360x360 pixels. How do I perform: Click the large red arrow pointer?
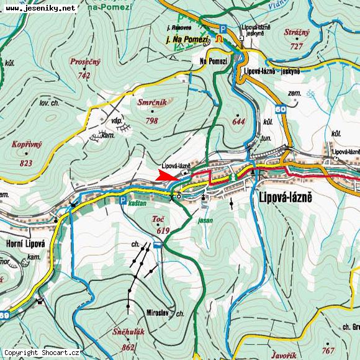tap(166, 176)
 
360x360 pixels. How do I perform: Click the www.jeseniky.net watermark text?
tap(40, 8)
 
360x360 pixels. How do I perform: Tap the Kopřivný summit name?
tap(26, 145)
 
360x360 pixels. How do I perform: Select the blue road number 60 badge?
tap(281, 109)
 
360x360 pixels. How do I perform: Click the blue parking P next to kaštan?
tap(123, 200)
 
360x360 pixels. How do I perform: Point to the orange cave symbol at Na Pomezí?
tap(219, 38)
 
